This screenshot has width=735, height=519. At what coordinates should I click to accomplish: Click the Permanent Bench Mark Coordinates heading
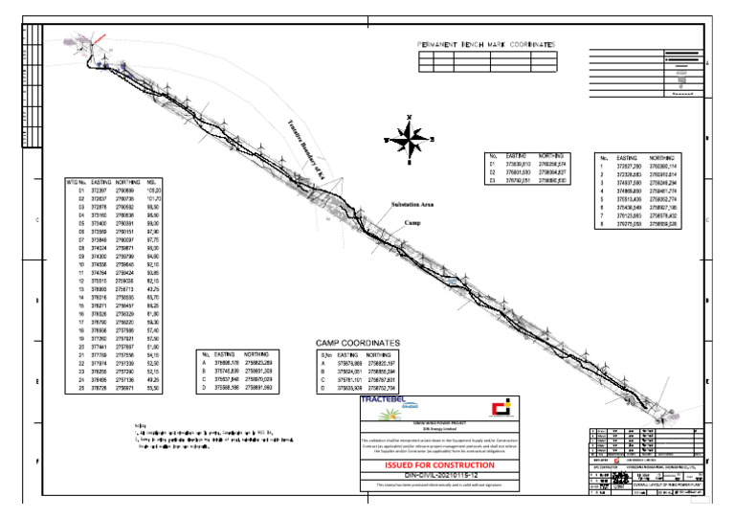pyautogui.click(x=485, y=45)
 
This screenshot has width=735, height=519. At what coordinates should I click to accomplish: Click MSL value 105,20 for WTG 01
pyautogui.click(x=153, y=191)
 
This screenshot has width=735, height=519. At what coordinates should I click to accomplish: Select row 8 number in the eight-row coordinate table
pyautogui.click(x=604, y=226)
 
